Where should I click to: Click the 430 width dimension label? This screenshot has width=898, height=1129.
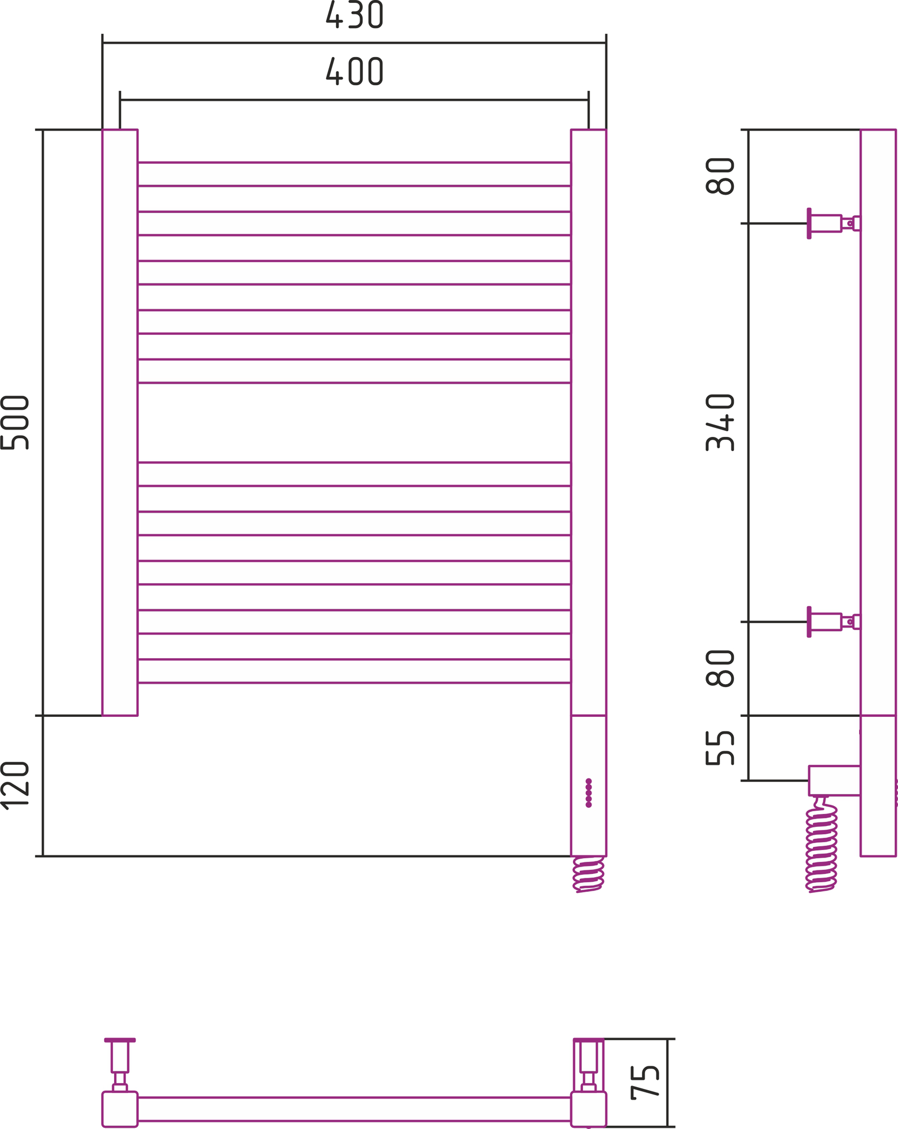click(354, 14)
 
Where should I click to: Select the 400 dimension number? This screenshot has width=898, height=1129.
click(354, 71)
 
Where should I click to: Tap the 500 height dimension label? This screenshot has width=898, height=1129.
click(15, 423)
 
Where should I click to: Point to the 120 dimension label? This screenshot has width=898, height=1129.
click(15, 786)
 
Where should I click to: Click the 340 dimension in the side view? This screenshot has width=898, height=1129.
click(720, 422)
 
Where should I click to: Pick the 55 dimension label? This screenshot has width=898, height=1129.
click(720, 748)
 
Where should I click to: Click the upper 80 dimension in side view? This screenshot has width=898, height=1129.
click(720, 176)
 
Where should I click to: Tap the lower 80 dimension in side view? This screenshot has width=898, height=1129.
click(720, 668)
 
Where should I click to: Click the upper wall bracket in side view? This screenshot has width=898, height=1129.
click(834, 224)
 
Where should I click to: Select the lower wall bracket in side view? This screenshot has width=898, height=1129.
click(834, 622)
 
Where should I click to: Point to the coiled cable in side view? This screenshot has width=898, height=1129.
click(821, 844)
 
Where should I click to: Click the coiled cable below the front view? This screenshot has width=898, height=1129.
click(588, 874)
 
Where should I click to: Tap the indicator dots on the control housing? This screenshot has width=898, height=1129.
click(589, 793)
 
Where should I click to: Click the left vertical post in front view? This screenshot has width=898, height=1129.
click(120, 423)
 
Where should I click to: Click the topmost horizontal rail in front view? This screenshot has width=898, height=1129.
click(354, 174)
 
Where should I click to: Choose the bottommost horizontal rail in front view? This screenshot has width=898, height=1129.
click(354, 671)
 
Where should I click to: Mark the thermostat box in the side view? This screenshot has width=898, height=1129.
click(834, 781)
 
